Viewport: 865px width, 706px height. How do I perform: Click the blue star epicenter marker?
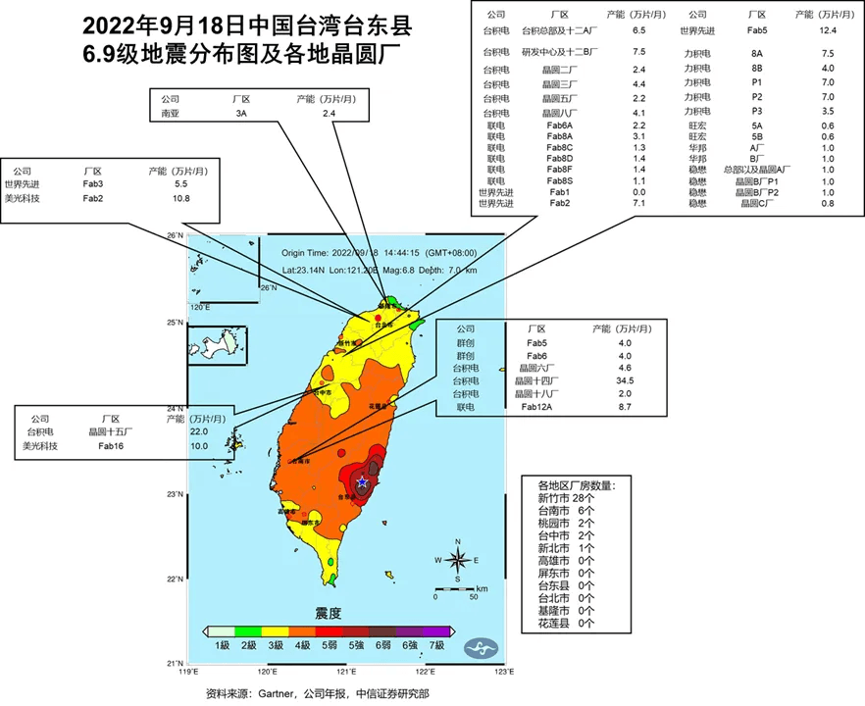[x=363, y=482]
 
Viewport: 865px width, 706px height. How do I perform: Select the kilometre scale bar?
[x=454, y=585]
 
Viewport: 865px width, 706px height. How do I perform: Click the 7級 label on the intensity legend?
[x=436, y=645]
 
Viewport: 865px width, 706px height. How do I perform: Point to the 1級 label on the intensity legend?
[x=223, y=645]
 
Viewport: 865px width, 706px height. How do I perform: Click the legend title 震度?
[x=328, y=613]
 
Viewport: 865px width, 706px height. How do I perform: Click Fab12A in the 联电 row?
[x=536, y=406]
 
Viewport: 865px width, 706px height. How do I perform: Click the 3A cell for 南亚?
[x=241, y=114]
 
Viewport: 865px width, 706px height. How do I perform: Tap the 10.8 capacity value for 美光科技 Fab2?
[x=180, y=198]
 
